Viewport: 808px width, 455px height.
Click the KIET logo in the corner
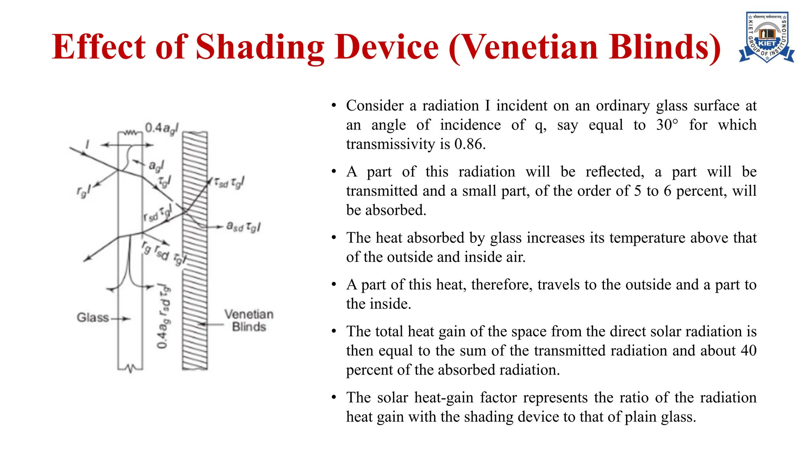point(766,38)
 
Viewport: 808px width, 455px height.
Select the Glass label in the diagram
point(93,318)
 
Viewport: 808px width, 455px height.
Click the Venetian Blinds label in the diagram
point(249,321)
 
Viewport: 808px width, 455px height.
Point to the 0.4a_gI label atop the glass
point(161,128)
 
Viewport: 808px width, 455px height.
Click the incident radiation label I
point(88,145)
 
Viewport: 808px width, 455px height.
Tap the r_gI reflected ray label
point(83,191)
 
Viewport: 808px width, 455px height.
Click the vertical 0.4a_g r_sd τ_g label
point(163,316)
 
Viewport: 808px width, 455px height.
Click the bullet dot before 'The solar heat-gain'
point(334,397)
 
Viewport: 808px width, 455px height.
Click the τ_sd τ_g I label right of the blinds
point(229,182)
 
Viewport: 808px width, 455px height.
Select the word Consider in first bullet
point(375,105)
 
